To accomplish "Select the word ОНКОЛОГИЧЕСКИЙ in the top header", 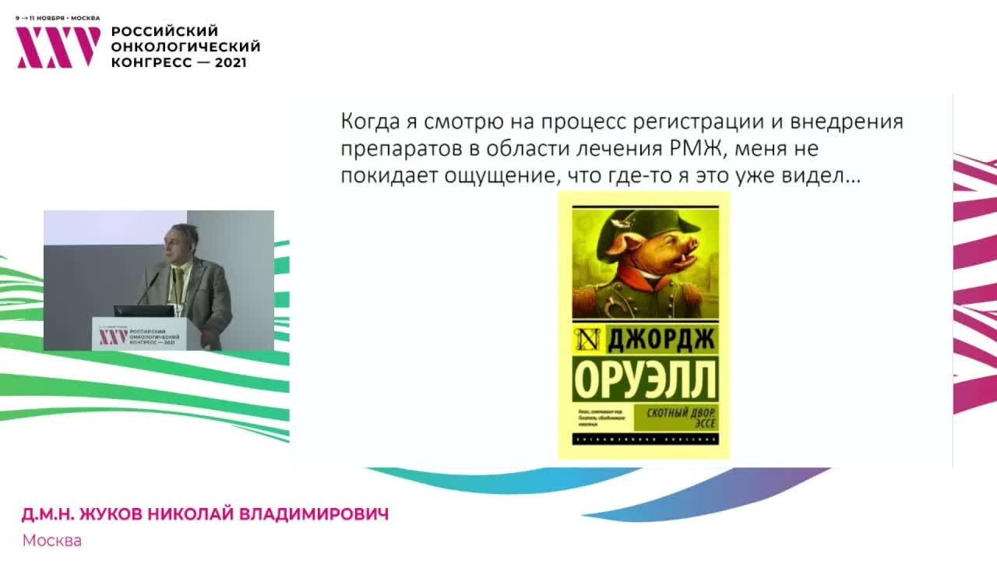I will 185,47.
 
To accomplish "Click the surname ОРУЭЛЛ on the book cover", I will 644,381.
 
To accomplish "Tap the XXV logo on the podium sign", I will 113,336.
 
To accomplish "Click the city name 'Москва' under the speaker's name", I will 51,540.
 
